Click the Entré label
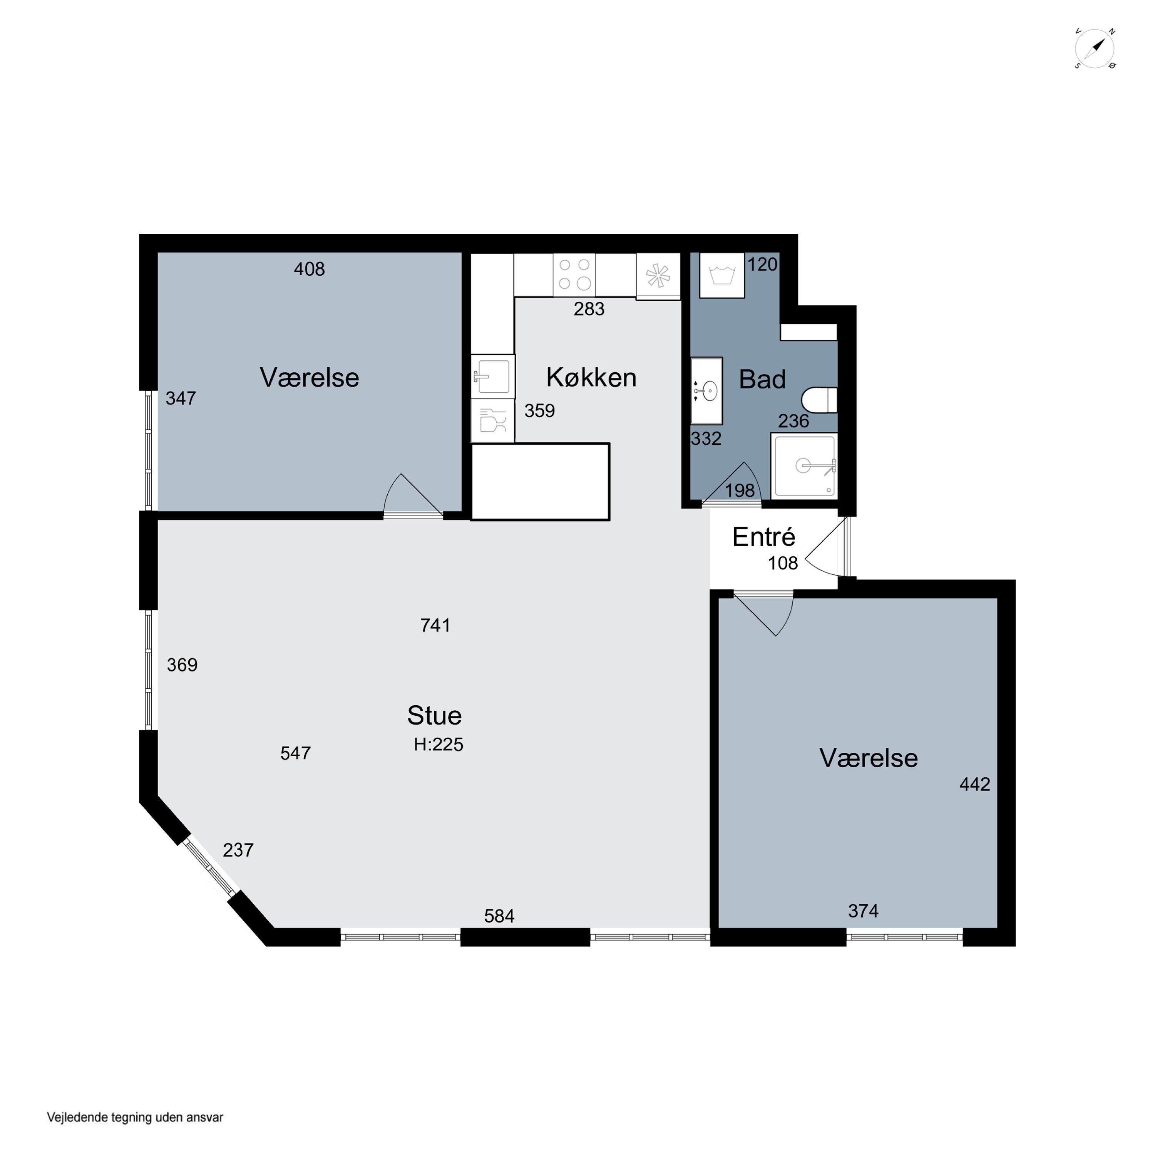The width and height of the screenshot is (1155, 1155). [x=763, y=537]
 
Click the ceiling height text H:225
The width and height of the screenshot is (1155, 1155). [x=438, y=744]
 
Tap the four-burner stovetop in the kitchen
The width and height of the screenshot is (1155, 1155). [x=574, y=275]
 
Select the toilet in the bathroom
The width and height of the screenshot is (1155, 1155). [x=819, y=400]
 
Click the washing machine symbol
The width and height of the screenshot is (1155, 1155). [x=721, y=275]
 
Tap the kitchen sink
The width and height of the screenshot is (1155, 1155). [x=493, y=376]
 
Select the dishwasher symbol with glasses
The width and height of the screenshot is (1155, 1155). [x=493, y=421]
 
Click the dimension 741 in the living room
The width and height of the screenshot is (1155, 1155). [x=435, y=625]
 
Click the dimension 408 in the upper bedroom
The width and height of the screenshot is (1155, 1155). [x=309, y=269]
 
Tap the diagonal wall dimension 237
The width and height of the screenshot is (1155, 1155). [x=238, y=850]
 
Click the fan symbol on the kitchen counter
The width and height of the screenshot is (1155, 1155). [x=658, y=276]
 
